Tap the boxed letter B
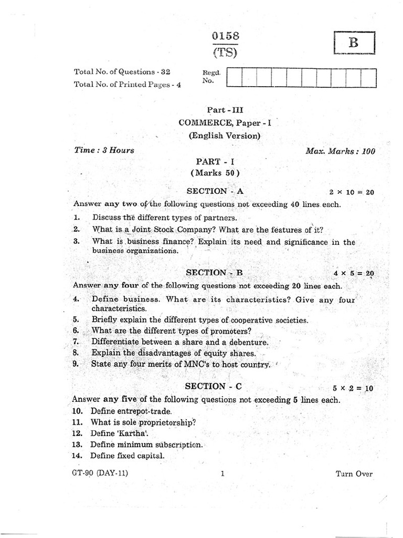pos(354,43)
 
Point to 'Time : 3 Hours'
pos(104,150)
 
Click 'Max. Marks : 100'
pos(341,151)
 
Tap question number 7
pos(76,342)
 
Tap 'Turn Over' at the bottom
pos(354,474)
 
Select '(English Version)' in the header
pos(225,135)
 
